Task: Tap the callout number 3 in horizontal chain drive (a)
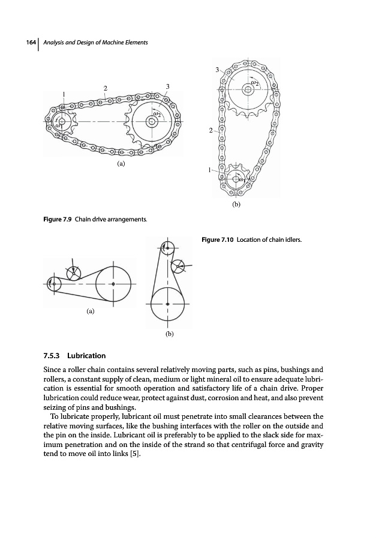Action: tap(168, 87)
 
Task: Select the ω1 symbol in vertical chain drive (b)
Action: tap(242, 179)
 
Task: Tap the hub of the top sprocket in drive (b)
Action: tap(247, 89)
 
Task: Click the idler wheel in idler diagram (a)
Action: tap(74, 272)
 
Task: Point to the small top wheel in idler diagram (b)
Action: tap(169, 246)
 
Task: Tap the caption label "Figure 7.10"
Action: tap(217, 241)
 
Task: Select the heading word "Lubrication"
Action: tap(88, 356)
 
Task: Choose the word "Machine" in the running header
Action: tap(110, 41)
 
